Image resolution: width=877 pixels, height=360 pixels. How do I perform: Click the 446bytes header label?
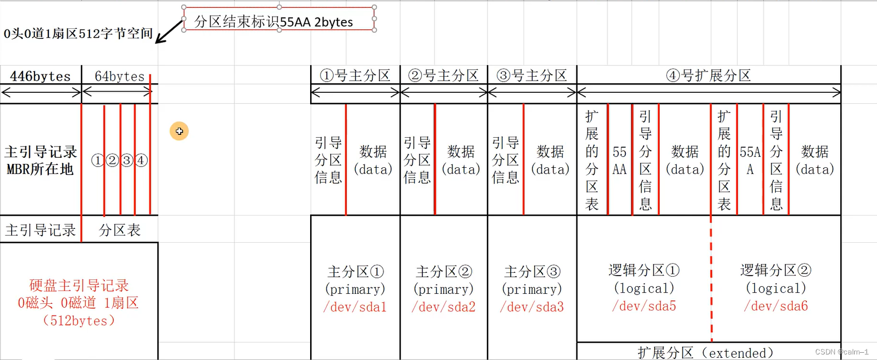(41, 76)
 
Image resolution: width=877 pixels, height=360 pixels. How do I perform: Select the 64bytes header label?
(119, 76)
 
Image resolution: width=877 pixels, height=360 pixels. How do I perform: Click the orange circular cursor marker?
(179, 131)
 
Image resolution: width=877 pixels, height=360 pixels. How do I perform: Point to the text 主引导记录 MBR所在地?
(41, 160)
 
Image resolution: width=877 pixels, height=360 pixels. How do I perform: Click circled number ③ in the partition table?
(127, 161)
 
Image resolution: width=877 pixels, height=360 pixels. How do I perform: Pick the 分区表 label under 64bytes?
(119, 230)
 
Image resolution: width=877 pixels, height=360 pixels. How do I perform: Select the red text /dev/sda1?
(355, 307)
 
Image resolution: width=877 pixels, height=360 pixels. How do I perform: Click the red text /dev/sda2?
(444, 307)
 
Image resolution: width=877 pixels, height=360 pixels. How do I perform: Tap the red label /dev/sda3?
(532, 307)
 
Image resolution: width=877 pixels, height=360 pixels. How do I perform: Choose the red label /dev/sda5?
(644, 306)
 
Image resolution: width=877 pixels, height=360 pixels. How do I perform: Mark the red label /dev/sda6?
(776, 306)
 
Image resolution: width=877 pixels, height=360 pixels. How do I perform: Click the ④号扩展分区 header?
(709, 76)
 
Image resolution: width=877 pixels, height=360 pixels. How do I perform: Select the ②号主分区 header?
(444, 76)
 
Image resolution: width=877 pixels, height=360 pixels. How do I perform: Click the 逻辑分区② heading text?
(776, 271)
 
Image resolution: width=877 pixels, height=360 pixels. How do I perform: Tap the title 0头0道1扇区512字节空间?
(78, 34)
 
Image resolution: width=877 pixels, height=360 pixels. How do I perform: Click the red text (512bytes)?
(78, 321)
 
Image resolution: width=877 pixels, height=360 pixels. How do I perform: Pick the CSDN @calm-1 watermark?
(841, 352)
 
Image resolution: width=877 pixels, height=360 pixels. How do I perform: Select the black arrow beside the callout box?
(168, 32)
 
